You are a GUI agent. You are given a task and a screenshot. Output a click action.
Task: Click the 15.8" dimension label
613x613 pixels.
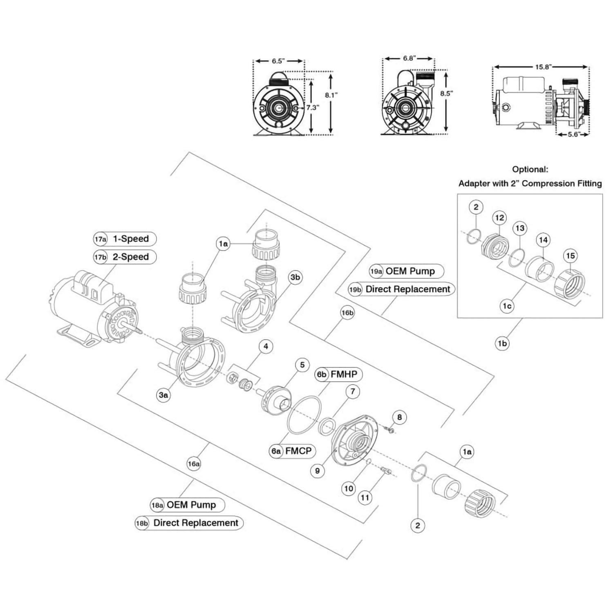point(542,67)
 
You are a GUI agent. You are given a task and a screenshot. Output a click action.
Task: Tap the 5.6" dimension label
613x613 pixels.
point(573,134)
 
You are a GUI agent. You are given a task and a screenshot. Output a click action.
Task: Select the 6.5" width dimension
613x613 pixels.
point(277,61)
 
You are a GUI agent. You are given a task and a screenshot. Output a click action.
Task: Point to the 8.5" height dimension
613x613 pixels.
point(446,93)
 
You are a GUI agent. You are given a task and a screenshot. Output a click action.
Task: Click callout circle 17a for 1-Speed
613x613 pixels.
point(100,239)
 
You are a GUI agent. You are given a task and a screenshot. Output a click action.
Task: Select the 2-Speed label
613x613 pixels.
point(130,257)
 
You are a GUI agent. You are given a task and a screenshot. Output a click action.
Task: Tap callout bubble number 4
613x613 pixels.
point(266,347)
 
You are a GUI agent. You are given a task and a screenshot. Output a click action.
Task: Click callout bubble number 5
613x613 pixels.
point(302,365)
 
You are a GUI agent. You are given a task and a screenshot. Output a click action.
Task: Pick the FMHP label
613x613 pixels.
point(344,374)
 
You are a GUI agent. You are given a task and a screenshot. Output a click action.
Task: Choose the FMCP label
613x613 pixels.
point(298,451)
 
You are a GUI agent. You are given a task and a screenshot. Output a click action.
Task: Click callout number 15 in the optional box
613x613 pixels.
point(570,256)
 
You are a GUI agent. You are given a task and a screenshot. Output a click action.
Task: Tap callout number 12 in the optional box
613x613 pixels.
point(500,218)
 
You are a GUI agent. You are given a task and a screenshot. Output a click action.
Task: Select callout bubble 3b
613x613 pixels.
point(295,277)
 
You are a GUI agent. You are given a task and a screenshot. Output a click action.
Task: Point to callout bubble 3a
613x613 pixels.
point(163,395)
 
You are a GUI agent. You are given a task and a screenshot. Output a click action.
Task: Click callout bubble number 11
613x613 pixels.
point(365,497)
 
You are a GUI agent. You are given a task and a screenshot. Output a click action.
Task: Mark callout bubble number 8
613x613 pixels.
point(399,417)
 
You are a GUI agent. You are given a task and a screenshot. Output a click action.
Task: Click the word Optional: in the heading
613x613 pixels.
point(530,169)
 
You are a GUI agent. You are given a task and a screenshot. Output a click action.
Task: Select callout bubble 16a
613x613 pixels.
point(194,464)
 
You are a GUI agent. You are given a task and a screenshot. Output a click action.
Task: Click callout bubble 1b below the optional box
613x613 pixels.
point(502,344)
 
